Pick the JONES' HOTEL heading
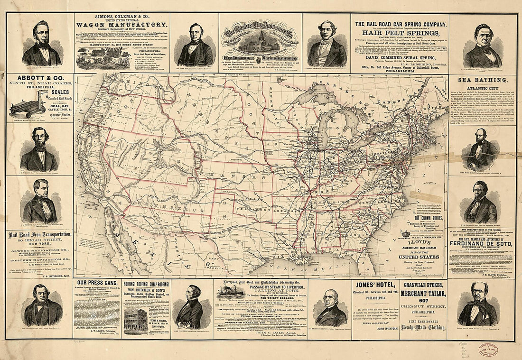click(x=375, y=286)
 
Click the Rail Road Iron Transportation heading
click(x=39, y=235)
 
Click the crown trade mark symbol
click(x=406, y=234)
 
